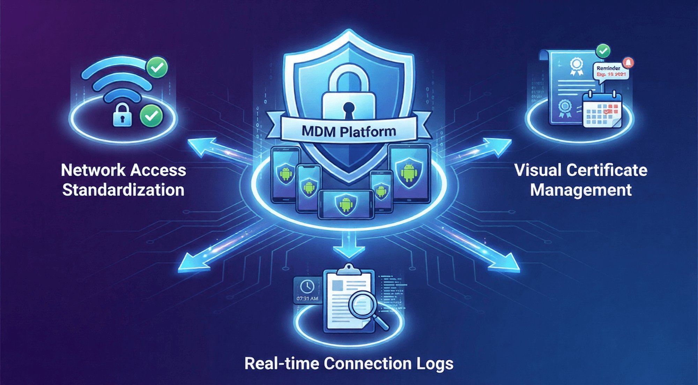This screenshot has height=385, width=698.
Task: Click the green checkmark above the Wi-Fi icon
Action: point(157,67)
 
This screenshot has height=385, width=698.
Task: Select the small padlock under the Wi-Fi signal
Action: point(122,115)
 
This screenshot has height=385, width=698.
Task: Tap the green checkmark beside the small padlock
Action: point(151,115)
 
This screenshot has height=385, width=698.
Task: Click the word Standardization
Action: point(123,190)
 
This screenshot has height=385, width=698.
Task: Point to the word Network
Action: point(93,170)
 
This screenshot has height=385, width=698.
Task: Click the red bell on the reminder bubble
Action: point(628,62)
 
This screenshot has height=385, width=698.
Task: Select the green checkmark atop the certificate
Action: point(603,51)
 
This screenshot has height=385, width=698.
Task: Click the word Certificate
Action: point(607,170)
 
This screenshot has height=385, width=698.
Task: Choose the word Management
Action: point(581,190)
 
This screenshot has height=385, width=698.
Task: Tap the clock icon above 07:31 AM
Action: point(307,287)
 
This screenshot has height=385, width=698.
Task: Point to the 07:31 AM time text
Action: point(307,299)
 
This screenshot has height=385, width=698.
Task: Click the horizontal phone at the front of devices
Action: point(346,204)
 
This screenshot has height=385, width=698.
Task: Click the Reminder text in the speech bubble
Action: point(608,68)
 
